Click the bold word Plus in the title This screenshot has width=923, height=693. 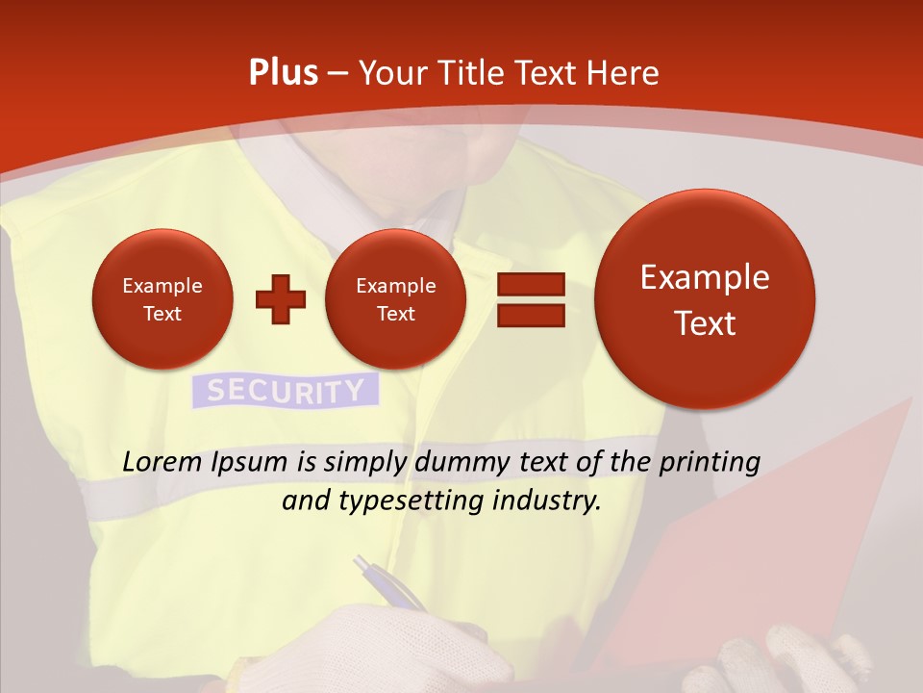283,73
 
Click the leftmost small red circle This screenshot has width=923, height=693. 162,299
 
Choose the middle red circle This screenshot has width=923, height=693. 395,299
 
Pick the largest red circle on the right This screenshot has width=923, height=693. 705,299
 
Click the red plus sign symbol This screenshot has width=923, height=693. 281,299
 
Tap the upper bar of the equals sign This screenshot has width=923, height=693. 531,284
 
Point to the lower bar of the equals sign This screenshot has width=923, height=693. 531,315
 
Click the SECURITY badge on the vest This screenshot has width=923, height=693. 286,391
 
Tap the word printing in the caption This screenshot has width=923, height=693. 709,463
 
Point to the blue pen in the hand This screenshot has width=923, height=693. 388,582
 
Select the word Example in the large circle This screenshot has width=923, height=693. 705,277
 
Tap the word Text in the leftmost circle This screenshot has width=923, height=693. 162,314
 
